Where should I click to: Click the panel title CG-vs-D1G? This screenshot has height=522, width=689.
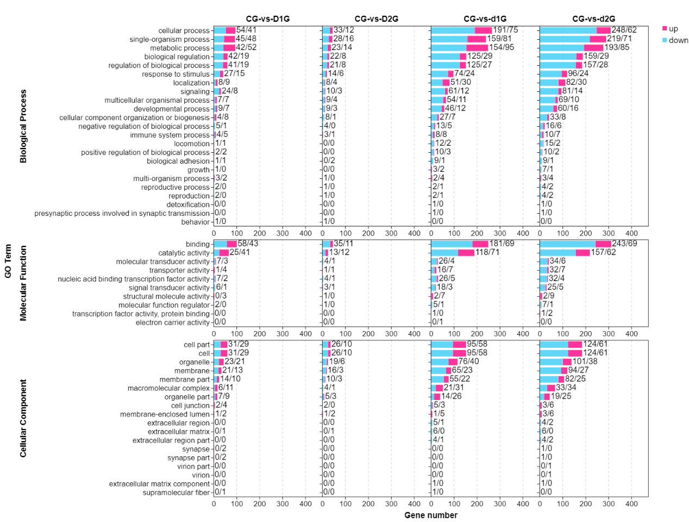pyautogui.click(x=267, y=19)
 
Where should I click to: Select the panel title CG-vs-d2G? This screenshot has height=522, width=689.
pyautogui.click(x=593, y=19)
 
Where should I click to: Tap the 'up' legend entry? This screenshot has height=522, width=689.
pyautogui.click(x=673, y=29)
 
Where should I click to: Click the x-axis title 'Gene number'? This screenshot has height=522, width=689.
pyautogui.click(x=431, y=515)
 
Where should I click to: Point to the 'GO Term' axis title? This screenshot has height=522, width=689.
pyautogui.click(x=8, y=261)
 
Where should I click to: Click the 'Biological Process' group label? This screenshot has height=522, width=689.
pyautogui.click(x=23, y=126)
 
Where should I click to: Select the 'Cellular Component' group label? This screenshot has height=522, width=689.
pyautogui.click(x=23, y=418)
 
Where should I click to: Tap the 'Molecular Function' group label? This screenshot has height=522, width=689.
pyautogui.click(x=23, y=283)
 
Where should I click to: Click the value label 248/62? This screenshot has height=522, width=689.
pyautogui.click(x=624, y=30)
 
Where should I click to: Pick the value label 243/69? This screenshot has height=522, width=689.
pyautogui.click(x=624, y=244)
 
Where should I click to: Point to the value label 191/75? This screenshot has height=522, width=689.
pyautogui.click(x=505, y=30)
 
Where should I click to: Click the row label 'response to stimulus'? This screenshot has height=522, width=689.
pyautogui.click(x=176, y=74)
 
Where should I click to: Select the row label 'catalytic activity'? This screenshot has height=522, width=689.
pyautogui.click(x=184, y=253)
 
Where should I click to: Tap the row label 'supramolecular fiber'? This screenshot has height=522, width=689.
pyautogui.click(x=176, y=493)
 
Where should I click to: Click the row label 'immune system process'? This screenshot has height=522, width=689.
pyautogui.click(x=170, y=135)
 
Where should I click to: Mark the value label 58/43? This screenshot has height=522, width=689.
pyautogui.click(x=248, y=244)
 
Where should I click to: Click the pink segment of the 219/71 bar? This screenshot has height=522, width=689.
pyautogui.click(x=598, y=39)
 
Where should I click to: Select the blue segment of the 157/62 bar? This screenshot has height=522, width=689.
pyautogui.click(x=558, y=253)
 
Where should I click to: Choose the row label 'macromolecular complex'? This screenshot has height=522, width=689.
pyautogui.click(x=168, y=388)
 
